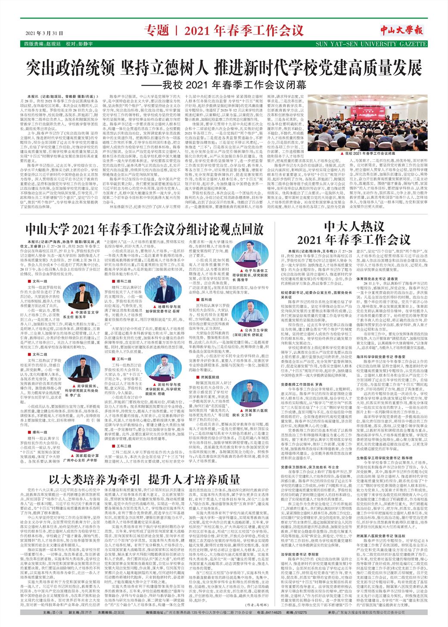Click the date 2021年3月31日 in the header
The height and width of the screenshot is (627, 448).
(x=44, y=33)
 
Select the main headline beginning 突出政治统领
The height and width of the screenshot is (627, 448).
(x=224, y=68)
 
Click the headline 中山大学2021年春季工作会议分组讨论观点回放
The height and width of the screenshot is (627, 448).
(x=145, y=228)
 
